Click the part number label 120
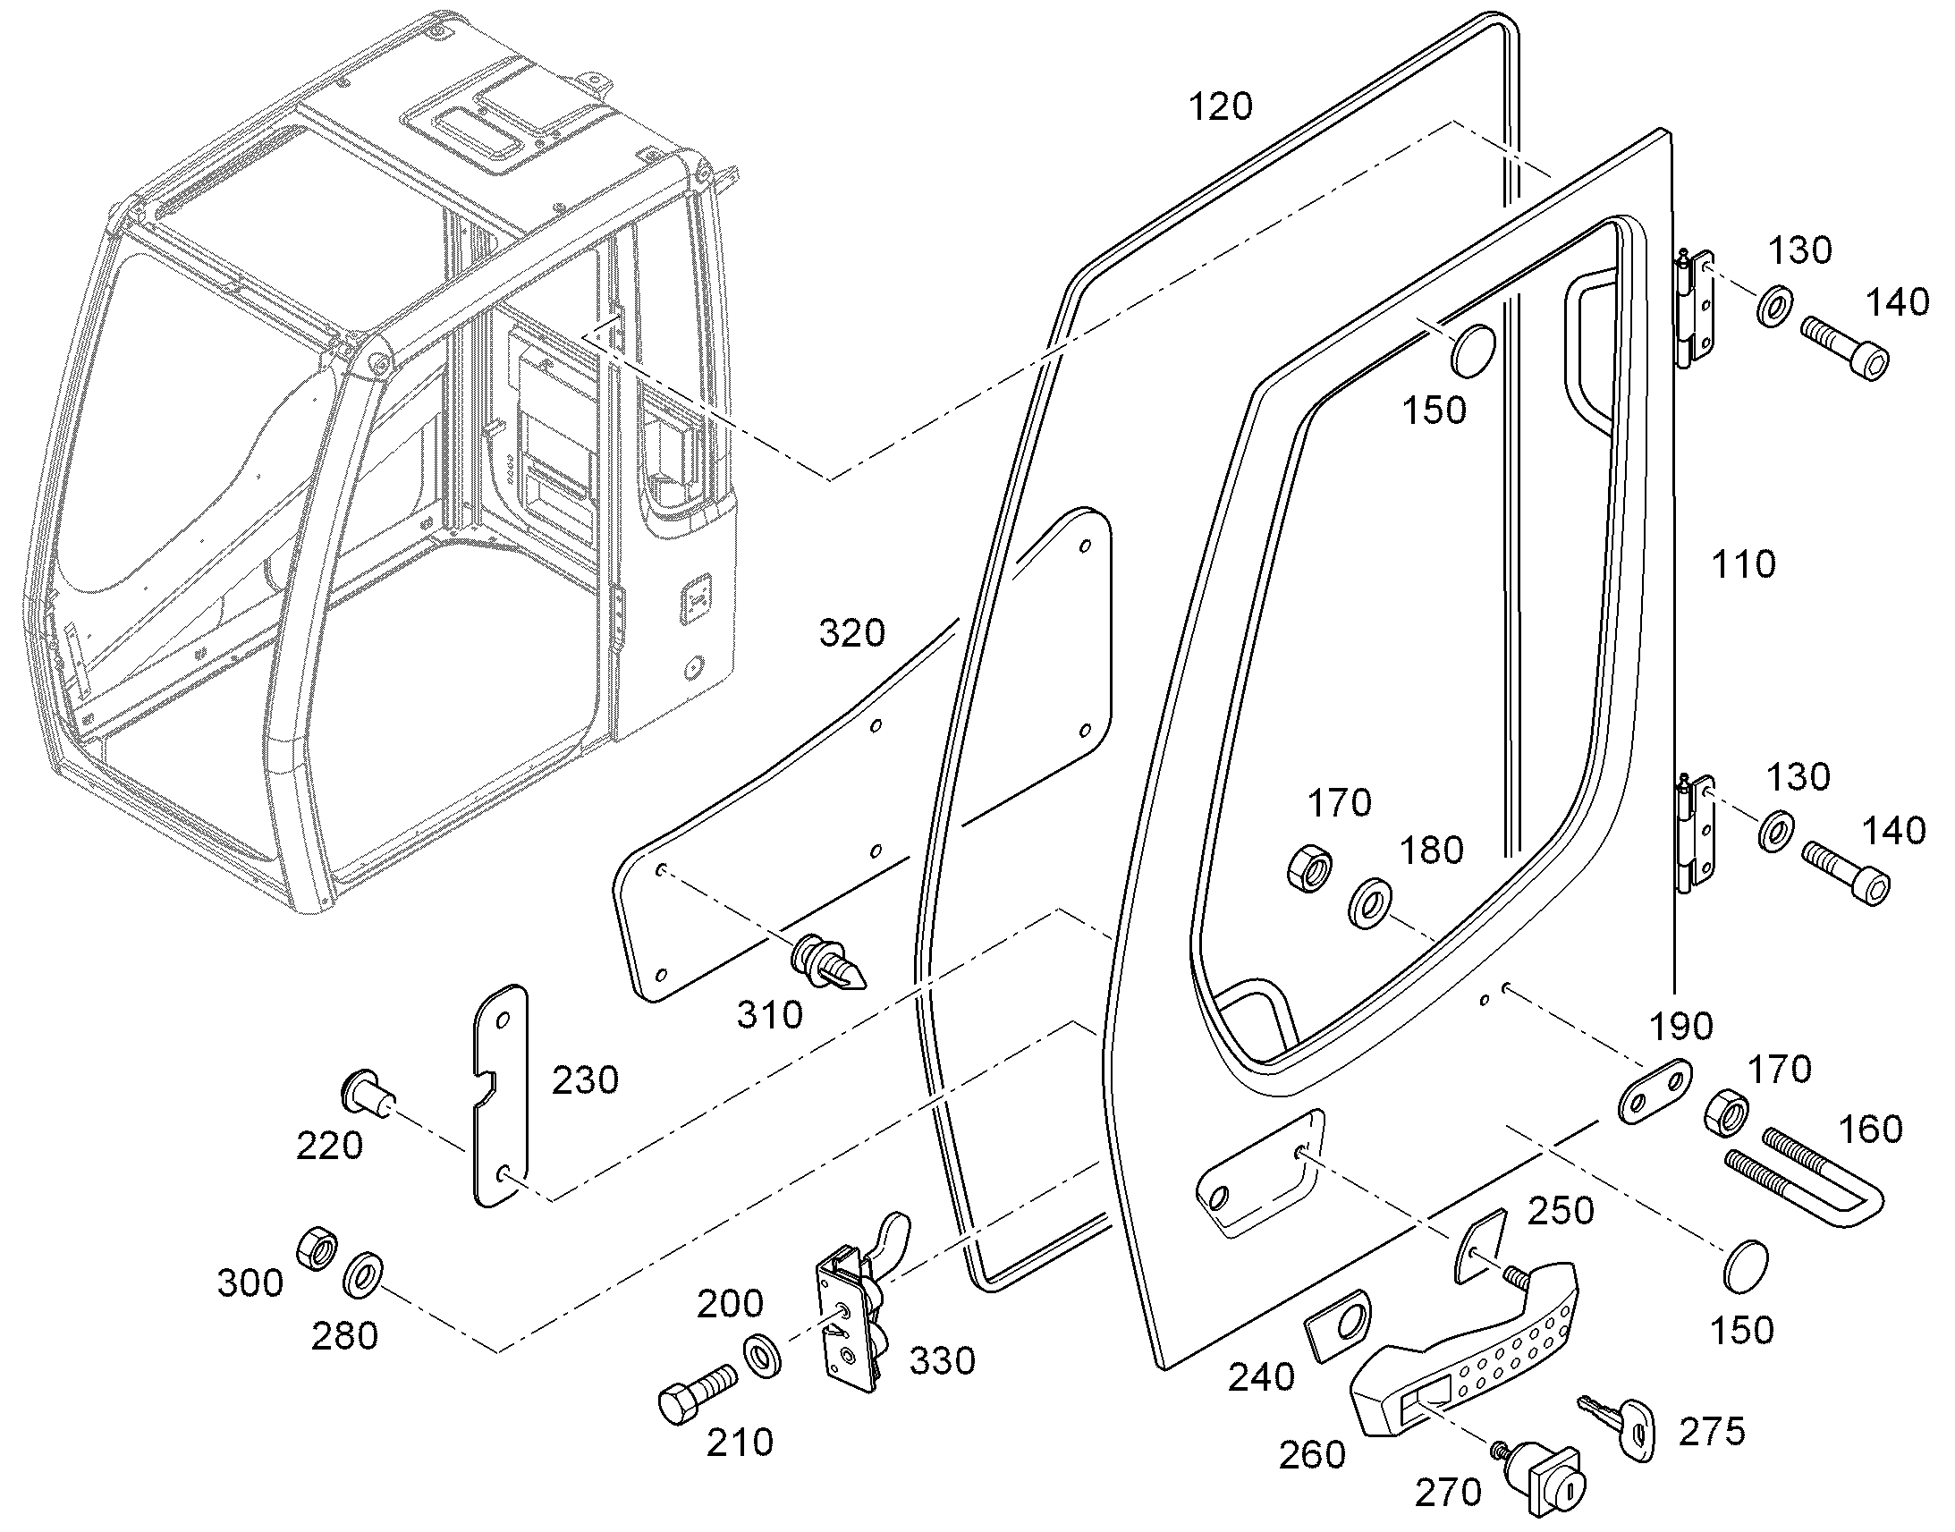coord(1220,107)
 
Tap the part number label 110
coord(1743,565)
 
